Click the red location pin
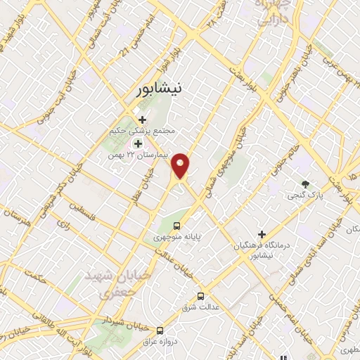[x=181, y=165]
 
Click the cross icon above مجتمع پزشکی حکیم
[x=143, y=120]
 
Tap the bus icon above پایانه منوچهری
[x=176, y=226]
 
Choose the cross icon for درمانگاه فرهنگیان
[x=262, y=234]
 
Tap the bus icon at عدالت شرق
[x=201, y=296]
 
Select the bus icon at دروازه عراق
[x=160, y=330]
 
